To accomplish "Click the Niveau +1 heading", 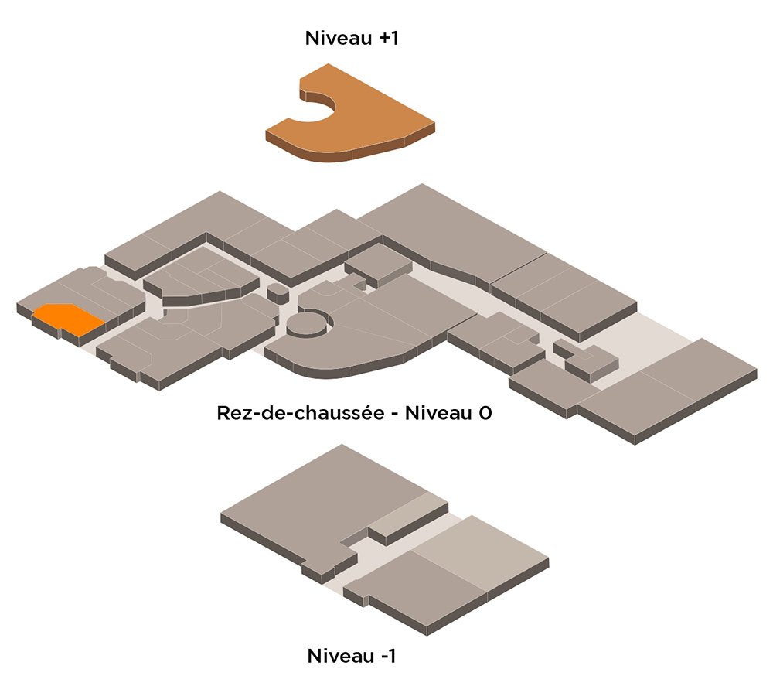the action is (x=352, y=38).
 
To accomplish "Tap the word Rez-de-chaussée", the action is (x=300, y=413).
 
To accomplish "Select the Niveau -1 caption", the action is (x=352, y=656).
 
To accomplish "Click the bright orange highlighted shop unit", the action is (x=69, y=320).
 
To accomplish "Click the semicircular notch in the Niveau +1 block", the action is (x=318, y=104).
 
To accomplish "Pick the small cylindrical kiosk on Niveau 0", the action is (x=278, y=293).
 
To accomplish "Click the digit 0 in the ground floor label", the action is (x=485, y=413).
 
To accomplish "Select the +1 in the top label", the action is (x=389, y=38).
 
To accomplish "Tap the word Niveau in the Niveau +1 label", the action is (x=339, y=38).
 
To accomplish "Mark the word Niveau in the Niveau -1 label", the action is (x=341, y=656).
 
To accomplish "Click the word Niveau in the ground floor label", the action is (x=438, y=413).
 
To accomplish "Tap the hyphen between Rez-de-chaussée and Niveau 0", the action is (x=394, y=414).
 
